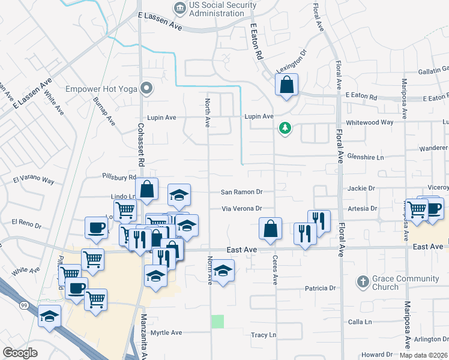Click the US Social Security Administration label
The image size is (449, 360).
[222, 10]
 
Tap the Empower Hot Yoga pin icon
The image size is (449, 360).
[146, 89]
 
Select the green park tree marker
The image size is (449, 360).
[285, 128]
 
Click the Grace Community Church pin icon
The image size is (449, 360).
[363, 281]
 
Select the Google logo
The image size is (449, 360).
[20, 353]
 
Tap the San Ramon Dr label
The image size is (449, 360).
[242, 192]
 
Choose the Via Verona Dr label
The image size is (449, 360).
[243, 208]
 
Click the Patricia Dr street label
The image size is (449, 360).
[320, 288]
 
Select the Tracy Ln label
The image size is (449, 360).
[264, 335]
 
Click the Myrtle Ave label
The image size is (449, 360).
[166, 332]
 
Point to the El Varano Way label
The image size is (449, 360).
[34, 181]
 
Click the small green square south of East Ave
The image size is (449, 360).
[217, 321]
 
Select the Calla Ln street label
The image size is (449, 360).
[360, 322]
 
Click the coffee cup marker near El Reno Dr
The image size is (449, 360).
[97, 227]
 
